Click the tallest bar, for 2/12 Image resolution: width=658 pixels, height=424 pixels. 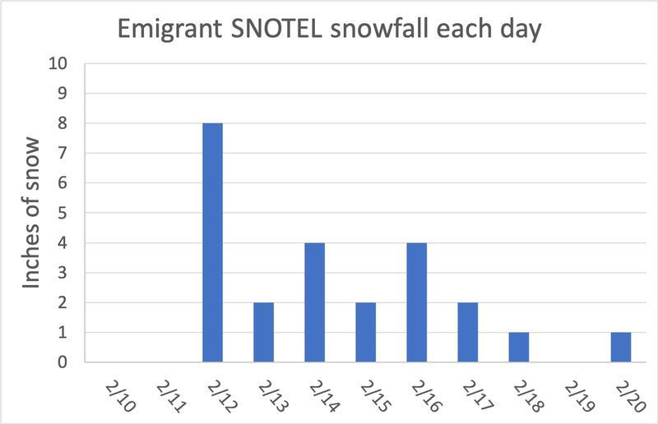[213, 242]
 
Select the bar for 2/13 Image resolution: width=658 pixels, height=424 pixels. [263, 332]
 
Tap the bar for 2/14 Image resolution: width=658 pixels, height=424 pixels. [315, 302]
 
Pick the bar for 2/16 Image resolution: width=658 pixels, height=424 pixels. [417, 302]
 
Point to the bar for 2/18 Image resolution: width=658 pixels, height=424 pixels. [519, 348]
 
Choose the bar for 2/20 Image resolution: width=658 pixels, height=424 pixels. [621, 348]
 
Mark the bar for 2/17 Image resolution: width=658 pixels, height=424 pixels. [468, 332]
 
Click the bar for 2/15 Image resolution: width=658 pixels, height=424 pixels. [366, 332]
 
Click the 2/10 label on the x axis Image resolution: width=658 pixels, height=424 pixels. [121, 396]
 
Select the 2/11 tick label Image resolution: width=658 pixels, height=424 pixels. [172, 396]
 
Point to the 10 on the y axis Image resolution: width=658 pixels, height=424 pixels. [58, 63]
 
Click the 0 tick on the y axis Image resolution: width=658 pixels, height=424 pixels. [63, 362]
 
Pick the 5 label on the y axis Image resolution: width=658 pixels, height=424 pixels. [63, 213]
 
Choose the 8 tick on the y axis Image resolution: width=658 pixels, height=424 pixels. [63, 123]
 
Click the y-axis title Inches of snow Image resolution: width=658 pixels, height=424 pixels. [31, 213]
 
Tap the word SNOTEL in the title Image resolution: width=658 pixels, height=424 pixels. [276, 29]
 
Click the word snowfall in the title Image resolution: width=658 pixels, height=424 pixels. [379, 28]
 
